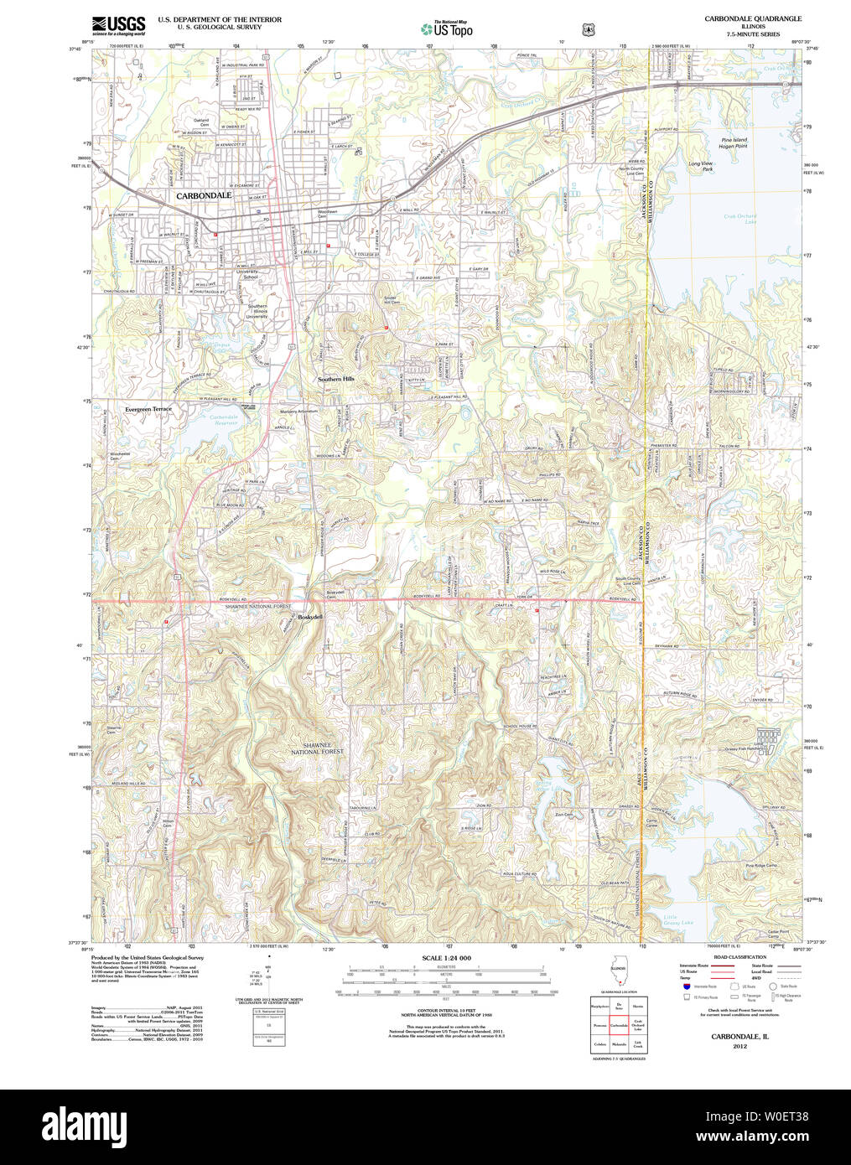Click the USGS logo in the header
[118, 24]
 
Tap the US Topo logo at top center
[447, 29]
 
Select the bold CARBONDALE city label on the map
[204, 195]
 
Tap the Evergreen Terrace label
[148, 409]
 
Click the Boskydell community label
[310, 617]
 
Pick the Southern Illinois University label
[257, 311]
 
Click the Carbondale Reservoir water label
[224, 420]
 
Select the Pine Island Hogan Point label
[734, 142]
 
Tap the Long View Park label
[701, 166]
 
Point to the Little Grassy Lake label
[678, 920]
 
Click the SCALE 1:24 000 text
[446, 958]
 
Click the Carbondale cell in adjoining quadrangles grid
[619, 1025]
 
